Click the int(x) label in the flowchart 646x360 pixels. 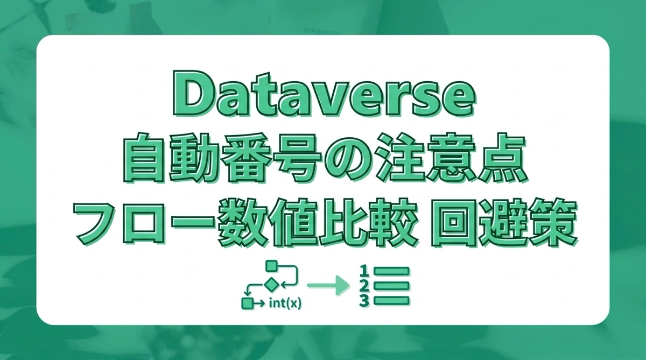(x=284, y=303)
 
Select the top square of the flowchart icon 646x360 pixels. (x=272, y=265)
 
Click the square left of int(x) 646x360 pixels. (x=247, y=303)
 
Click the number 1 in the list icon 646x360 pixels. (x=364, y=270)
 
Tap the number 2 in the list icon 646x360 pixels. (x=364, y=285)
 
